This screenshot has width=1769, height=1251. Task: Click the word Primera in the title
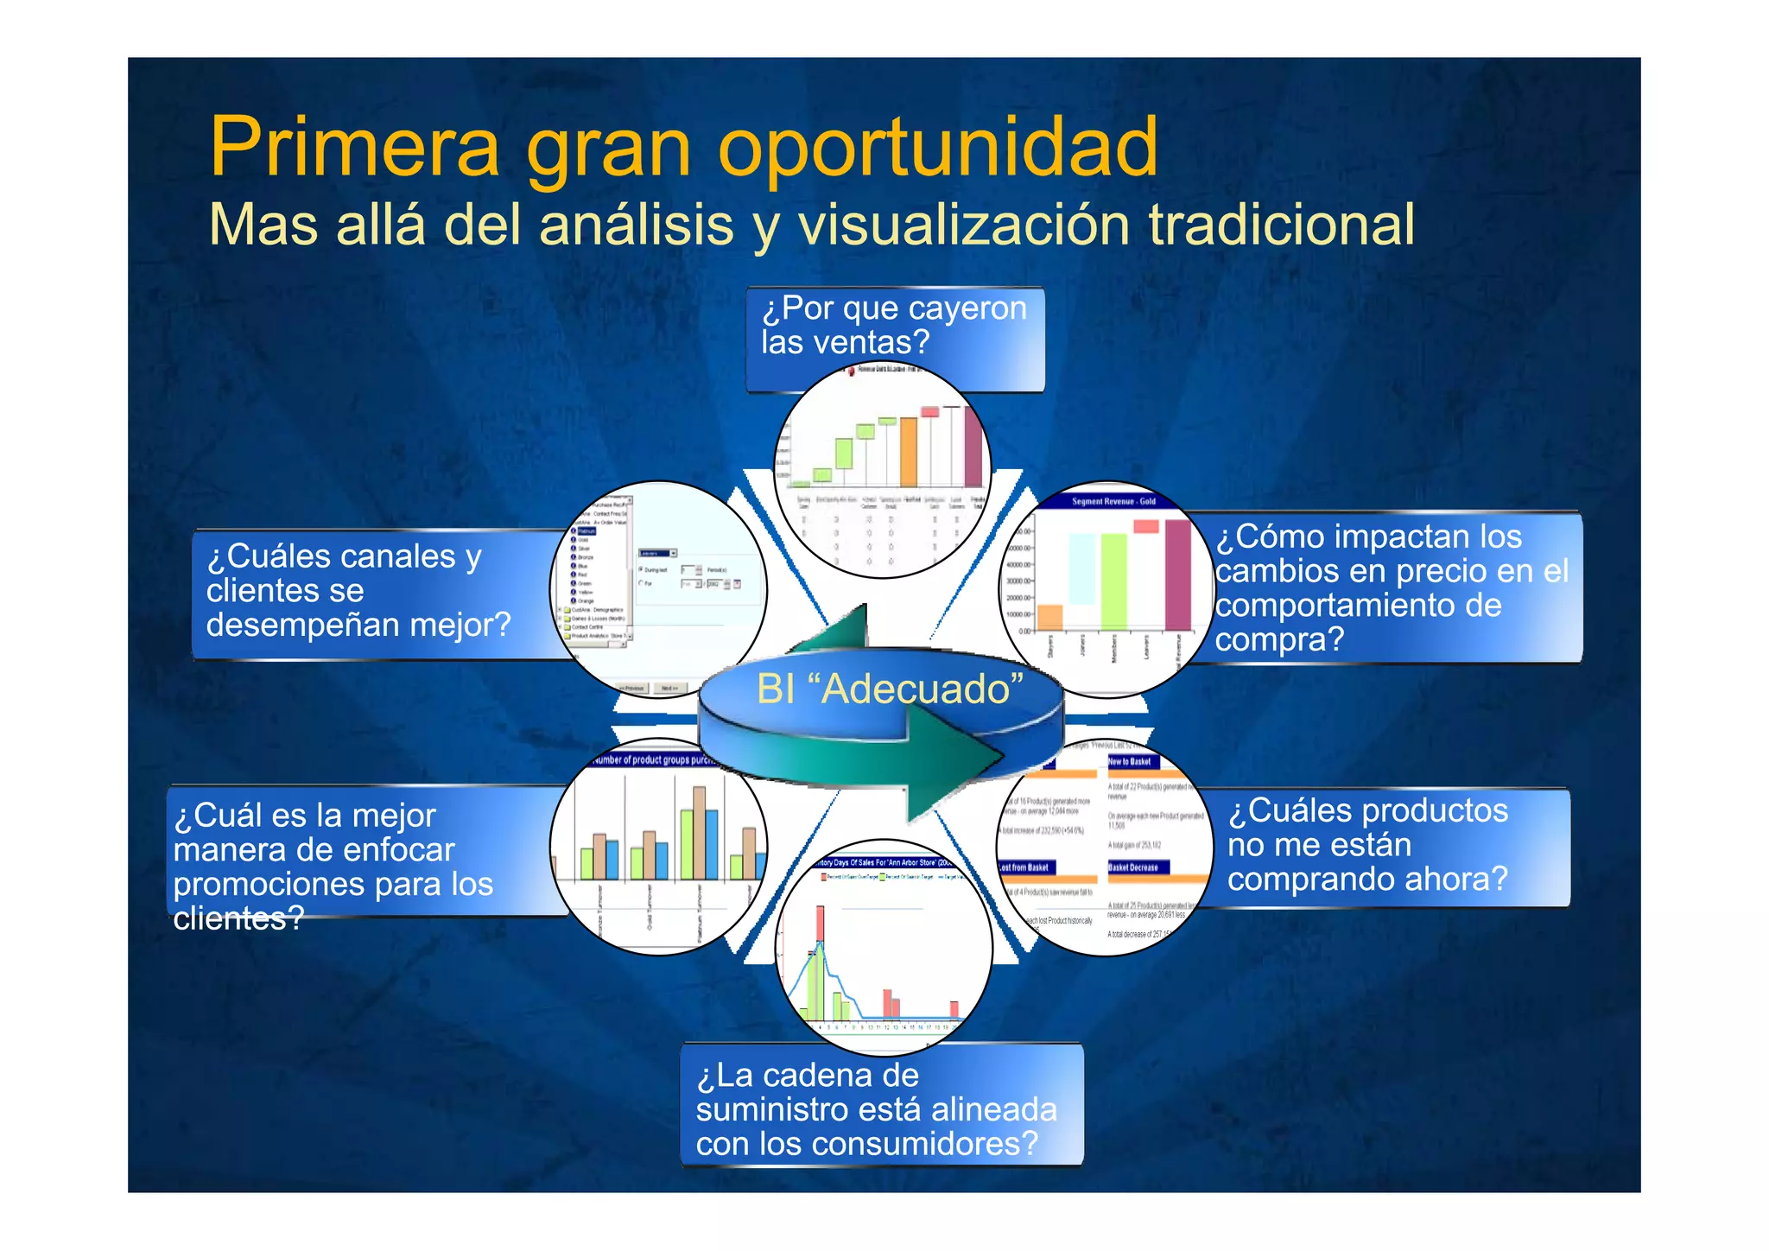pos(354,147)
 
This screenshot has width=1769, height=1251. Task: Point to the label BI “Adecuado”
pos(890,689)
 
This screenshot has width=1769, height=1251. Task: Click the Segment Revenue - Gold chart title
pos(1113,501)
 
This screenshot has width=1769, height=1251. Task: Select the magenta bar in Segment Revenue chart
pos(1177,575)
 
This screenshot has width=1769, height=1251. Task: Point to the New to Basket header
pos(1130,762)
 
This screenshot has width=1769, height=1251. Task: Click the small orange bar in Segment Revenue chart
pos(1049,618)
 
